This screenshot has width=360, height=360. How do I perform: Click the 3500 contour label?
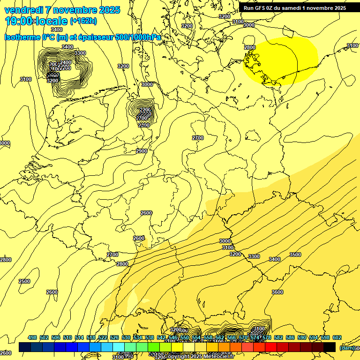tap(295, 255)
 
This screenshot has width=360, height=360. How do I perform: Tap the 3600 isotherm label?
tap(277, 292)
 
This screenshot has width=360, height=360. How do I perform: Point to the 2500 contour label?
tap(24, 281)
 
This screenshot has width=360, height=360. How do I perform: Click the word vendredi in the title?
tap(25, 10)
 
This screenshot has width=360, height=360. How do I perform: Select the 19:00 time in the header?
tap(19, 21)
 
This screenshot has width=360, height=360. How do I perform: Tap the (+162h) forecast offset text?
tap(83, 21)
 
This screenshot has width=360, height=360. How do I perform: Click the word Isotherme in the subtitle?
tap(22, 37)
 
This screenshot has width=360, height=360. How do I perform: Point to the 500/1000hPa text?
tap(141, 37)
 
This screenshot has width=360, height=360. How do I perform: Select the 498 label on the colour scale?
tap(32, 337)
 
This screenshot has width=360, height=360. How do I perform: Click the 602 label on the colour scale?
tap(337, 337)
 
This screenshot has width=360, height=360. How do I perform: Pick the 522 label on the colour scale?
tap(103, 337)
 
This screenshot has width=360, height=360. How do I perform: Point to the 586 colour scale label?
tap(290, 337)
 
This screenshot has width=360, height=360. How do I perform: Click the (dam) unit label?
tap(347, 347)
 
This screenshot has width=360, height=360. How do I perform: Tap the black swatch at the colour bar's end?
tap(329, 347)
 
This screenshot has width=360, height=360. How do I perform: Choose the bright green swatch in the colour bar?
tap(153, 347)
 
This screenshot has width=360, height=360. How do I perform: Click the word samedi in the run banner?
tap(302, 7)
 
